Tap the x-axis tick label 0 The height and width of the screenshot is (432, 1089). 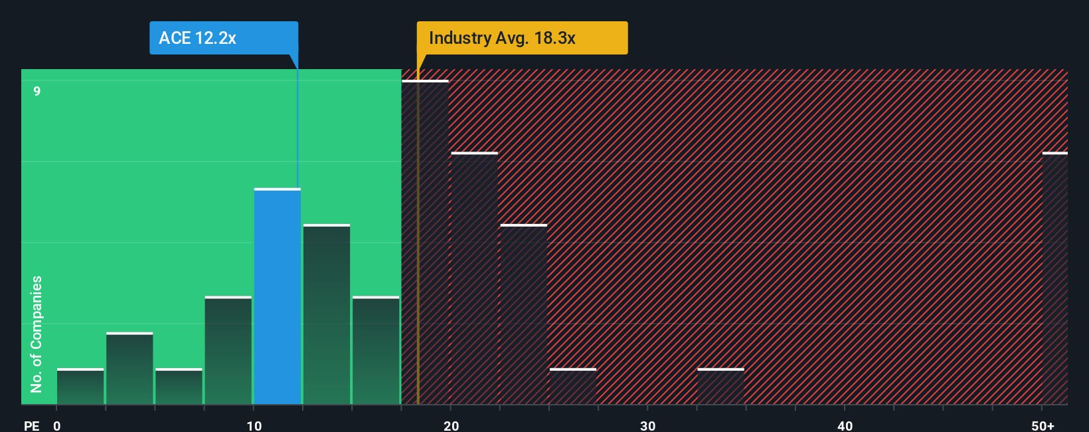[x=57, y=425]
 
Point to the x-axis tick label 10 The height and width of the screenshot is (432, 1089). [x=254, y=425]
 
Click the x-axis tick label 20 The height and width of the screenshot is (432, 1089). [x=451, y=425]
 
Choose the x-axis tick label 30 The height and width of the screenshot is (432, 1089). [x=647, y=425]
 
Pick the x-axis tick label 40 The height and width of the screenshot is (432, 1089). [x=845, y=425]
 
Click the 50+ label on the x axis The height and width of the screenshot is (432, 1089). [x=1043, y=425]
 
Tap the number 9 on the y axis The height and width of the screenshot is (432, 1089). [x=37, y=91]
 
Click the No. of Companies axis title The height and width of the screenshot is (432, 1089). [x=37, y=334]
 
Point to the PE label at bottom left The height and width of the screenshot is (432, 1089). [x=31, y=425]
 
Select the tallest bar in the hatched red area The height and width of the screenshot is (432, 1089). [x=425, y=243]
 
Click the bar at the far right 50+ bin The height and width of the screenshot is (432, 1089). [x=1054, y=279]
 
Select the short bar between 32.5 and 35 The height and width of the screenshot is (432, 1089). [x=720, y=387]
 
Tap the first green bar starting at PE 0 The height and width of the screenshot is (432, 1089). [x=80, y=387]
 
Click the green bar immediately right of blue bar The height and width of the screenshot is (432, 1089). [x=327, y=314]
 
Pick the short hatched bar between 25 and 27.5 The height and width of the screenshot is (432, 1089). [x=573, y=387]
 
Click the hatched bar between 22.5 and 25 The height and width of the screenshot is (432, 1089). [x=524, y=314]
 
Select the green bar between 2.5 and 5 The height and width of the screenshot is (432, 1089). [x=129, y=369]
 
